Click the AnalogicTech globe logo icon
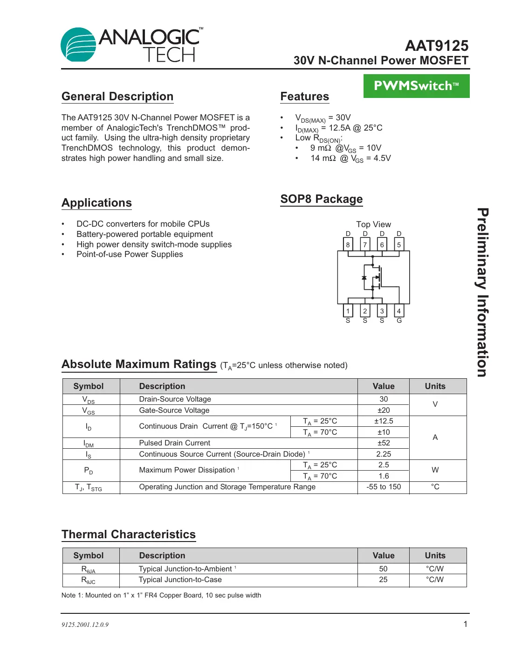click(x=78, y=45)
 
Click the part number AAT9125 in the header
click(x=436, y=46)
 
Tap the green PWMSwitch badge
click(x=416, y=86)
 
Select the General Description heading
click(x=117, y=97)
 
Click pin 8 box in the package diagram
click(x=348, y=244)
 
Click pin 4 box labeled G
click(x=399, y=311)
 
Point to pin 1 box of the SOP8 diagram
click(x=348, y=311)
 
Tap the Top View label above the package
click(x=373, y=224)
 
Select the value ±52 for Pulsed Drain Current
click(x=384, y=443)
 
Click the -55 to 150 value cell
click(x=384, y=487)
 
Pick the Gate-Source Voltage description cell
click(x=174, y=410)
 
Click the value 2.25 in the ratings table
click(x=384, y=454)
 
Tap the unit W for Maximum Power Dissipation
click(x=435, y=470)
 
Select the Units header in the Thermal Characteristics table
click(x=435, y=556)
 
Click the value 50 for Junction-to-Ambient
click(x=383, y=569)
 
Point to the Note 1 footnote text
click(x=161, y=596)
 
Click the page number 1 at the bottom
click(x=465, y=624)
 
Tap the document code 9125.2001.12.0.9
click(x=85, y=625)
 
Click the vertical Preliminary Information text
click(x=483, y=292)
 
